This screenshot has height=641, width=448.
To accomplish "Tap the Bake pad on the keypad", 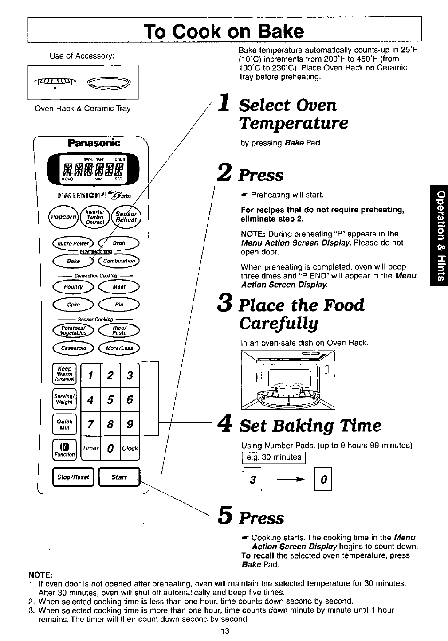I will point(74,261).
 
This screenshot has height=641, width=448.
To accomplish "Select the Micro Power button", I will point(74,243).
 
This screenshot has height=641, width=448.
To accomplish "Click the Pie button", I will point(119,305).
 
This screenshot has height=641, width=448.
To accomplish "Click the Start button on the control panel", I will point(119,477).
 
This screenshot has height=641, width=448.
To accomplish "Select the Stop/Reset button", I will point(74,477).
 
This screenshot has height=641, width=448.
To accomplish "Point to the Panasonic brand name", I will point(94,143).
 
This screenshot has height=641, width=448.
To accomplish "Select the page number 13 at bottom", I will point(224,631).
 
